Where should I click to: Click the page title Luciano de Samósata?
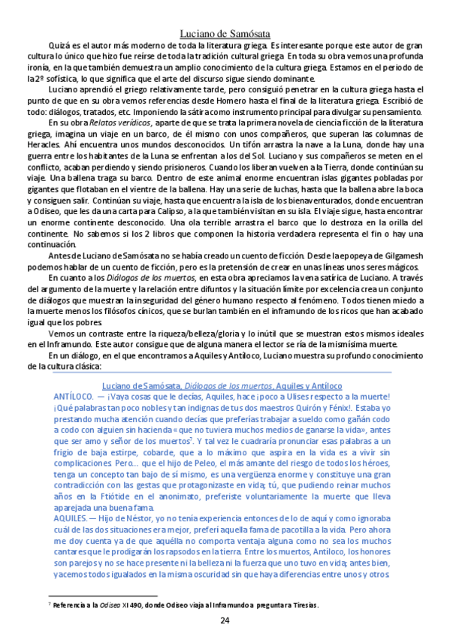[225, 32]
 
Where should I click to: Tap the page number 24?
[225, 620]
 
